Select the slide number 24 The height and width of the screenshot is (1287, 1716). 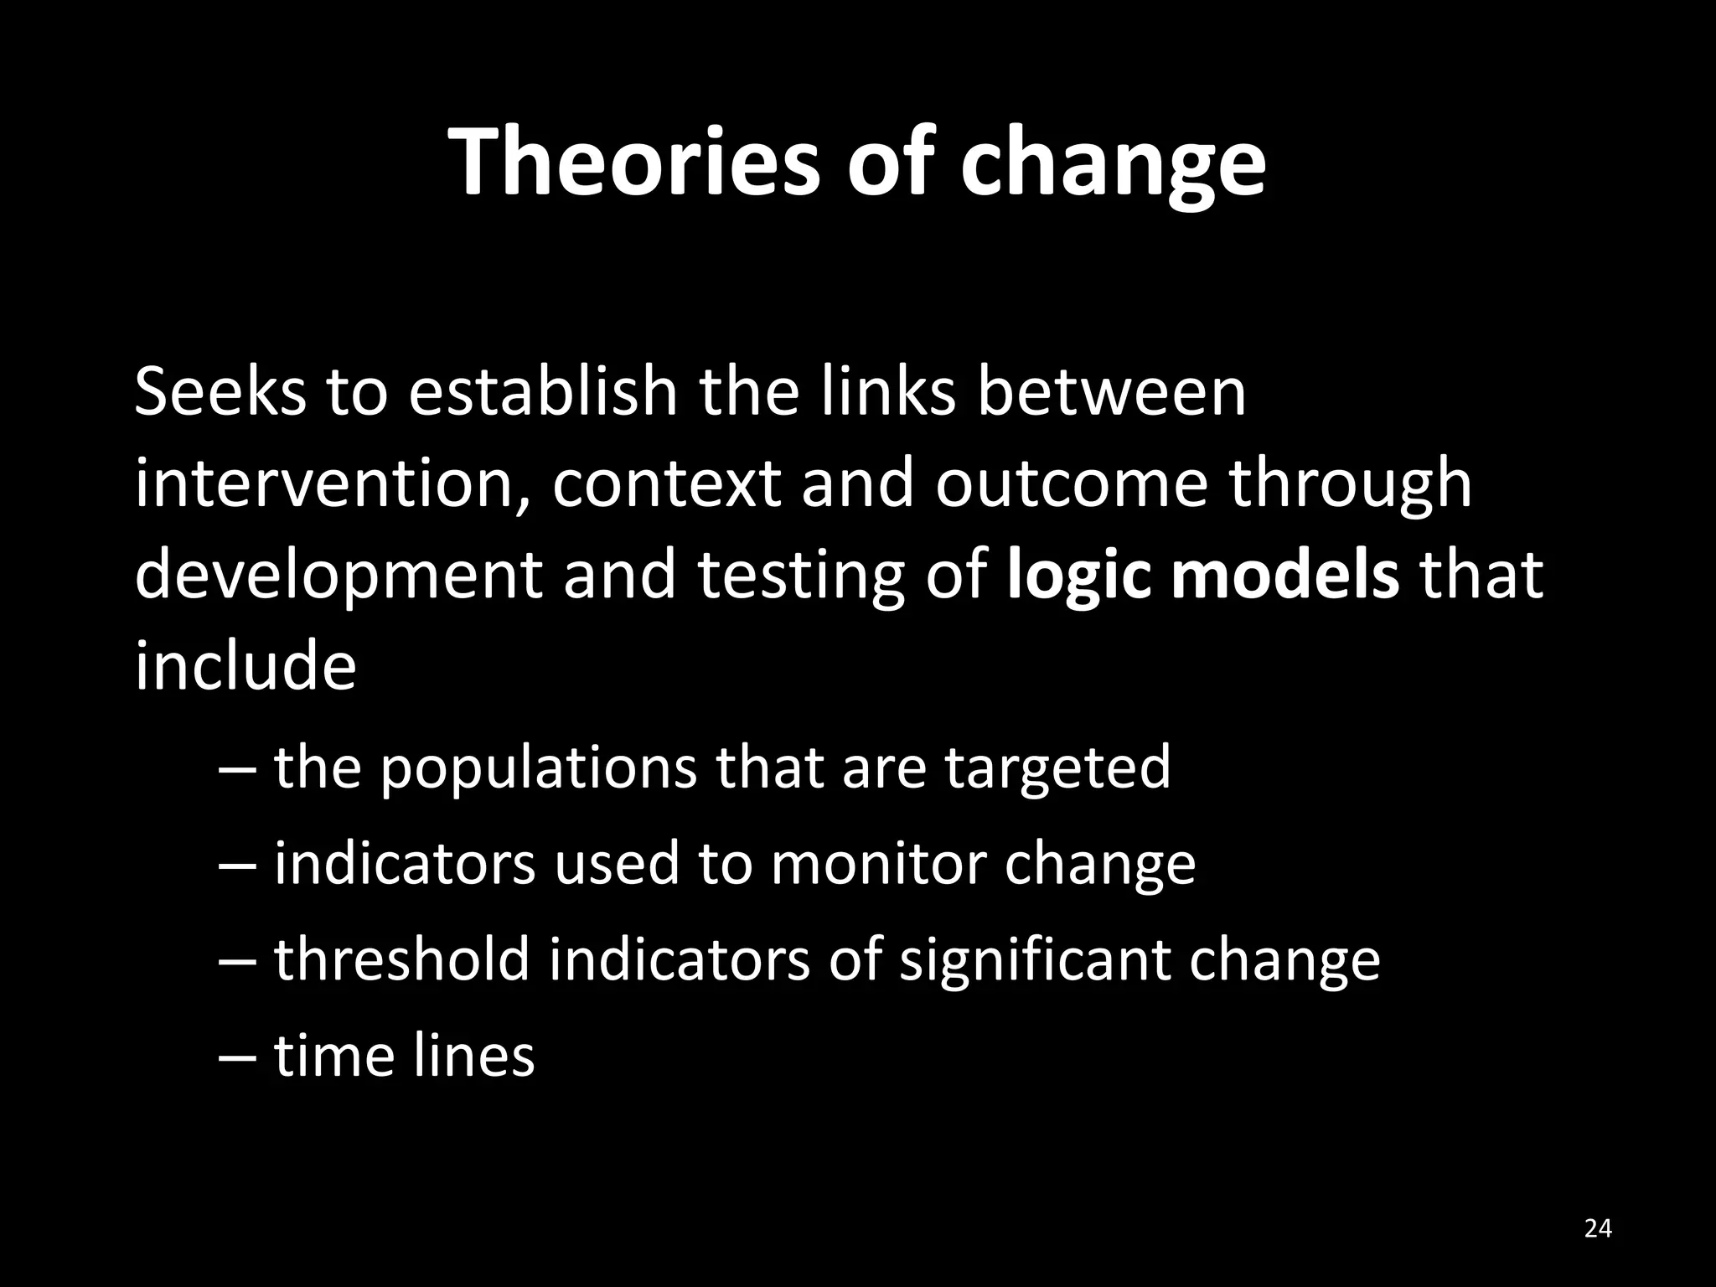point(1598,1228)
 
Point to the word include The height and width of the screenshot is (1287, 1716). point(246,666)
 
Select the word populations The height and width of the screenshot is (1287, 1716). point(538,770)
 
